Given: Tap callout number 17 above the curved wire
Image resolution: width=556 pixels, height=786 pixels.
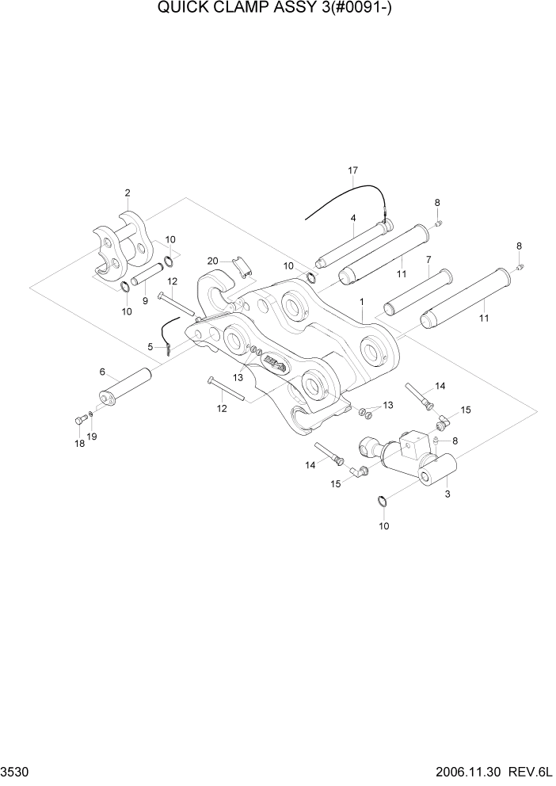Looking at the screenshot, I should click(x=353, y=170).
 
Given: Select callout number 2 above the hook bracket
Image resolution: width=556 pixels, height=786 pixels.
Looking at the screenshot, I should click(x=128, y=193).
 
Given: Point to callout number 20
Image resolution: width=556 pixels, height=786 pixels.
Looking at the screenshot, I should click(x=212, y=261).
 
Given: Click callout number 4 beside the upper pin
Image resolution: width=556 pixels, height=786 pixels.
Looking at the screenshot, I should click(x=352, y=218).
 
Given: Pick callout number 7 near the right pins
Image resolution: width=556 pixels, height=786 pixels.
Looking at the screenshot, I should click(x=428, y=259).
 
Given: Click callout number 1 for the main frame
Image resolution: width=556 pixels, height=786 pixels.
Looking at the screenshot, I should click(x=361, y=302).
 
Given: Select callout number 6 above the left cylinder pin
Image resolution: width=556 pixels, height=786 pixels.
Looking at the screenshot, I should click(x=102, y=372).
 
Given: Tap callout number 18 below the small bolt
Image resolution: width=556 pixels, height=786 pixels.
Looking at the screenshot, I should click(x=79, y=444).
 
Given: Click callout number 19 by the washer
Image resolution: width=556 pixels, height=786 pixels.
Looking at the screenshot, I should click(x=93, y=437).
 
